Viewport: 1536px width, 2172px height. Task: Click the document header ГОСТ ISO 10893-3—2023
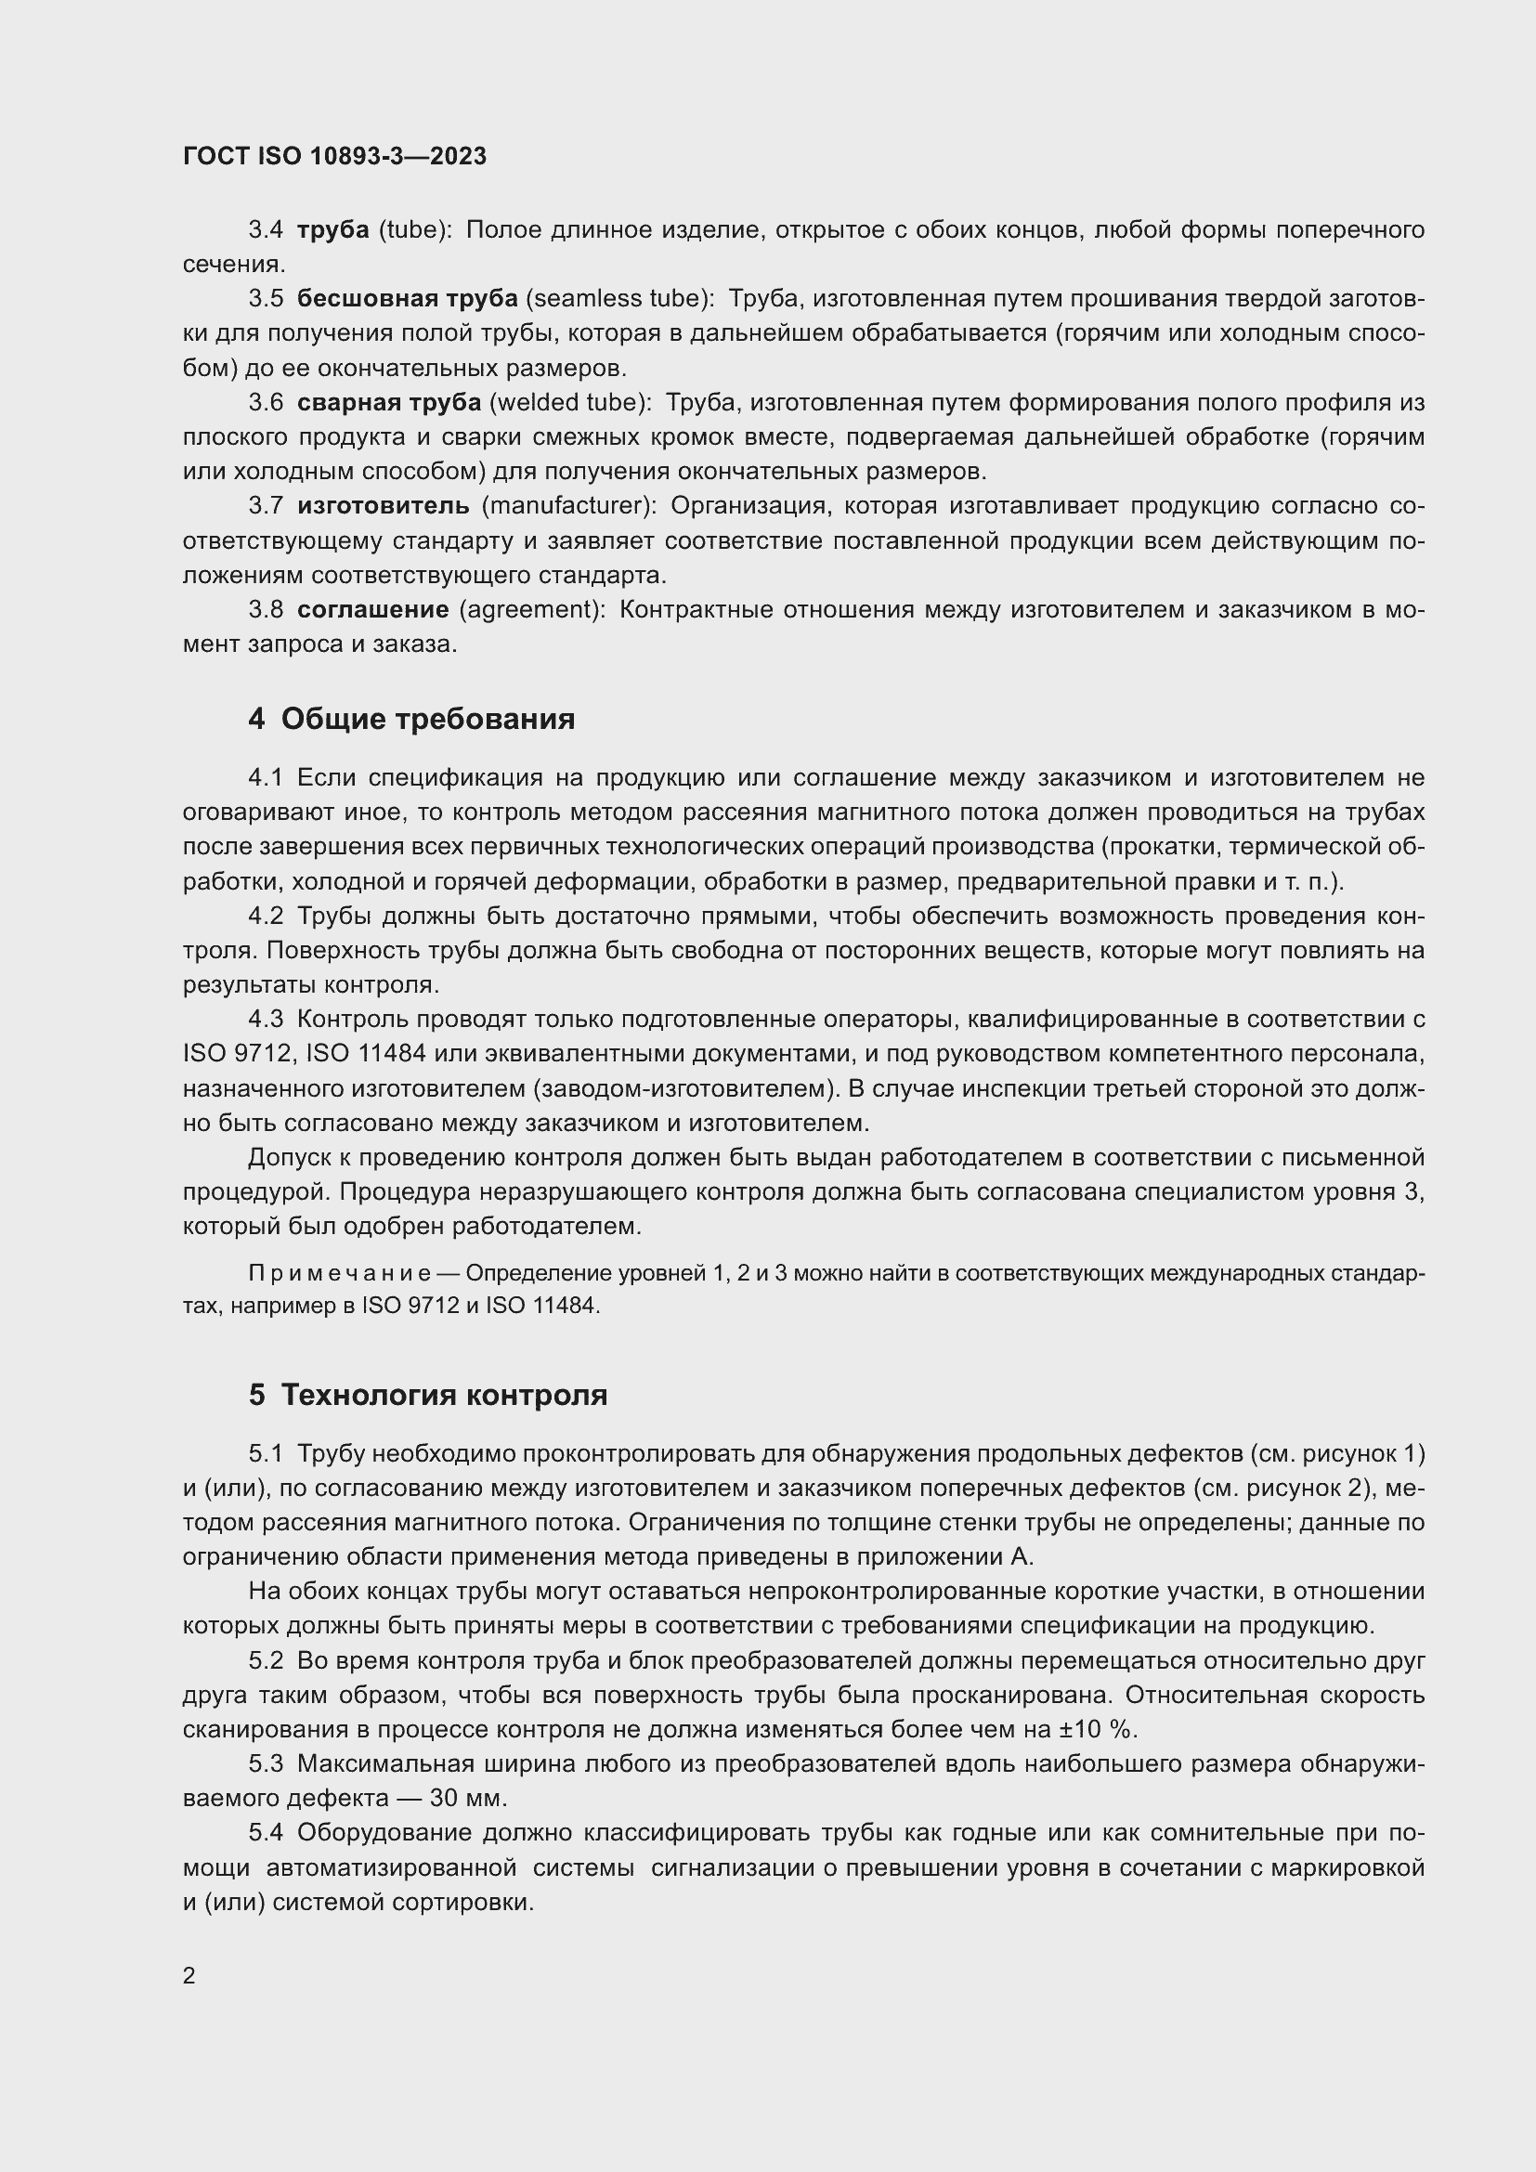coord(335,157)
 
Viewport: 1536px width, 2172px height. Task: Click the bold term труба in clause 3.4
coord(333,231)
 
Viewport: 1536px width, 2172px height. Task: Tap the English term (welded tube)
coord(570,403)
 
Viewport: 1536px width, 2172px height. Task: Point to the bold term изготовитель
coord(383,506)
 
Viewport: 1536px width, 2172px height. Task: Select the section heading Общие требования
coord(427,719)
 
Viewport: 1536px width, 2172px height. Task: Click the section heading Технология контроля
coord(444,1396)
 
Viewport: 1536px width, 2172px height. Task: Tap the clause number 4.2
coord(266,917)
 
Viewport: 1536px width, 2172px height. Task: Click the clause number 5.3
coord(266,1764)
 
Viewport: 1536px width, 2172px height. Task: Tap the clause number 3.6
coord(266,403)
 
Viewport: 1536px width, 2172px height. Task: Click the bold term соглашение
coord(372,610)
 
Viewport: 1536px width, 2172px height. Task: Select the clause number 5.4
coord(266,1833)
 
